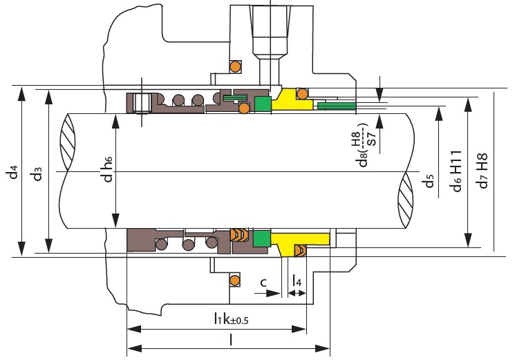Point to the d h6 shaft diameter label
[107, 169]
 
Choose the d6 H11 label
[456, 171]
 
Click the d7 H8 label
[483, 171]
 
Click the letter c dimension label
[263, 282]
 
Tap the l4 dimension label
[297, 281]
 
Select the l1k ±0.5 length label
[231, 319]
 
